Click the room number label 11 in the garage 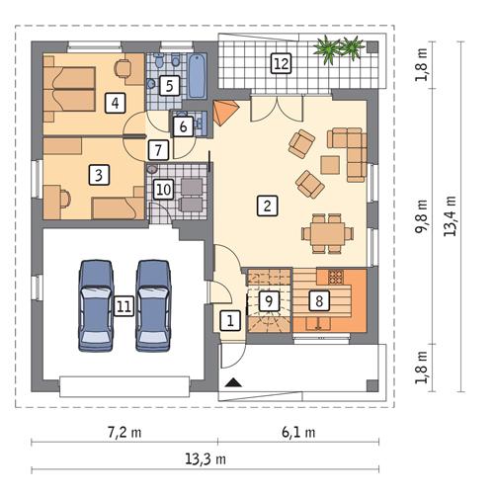coord(123,306)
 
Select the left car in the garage coord(96,303)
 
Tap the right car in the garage coord(153,303)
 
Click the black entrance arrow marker coord(232,382)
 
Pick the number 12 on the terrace coord(282,64)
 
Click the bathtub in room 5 coord(197,76)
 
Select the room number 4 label coord(116,101)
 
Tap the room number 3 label coord(98,175)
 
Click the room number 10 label coord(164,188)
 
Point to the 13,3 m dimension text coord(205,458)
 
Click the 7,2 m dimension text coord(123,432)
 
